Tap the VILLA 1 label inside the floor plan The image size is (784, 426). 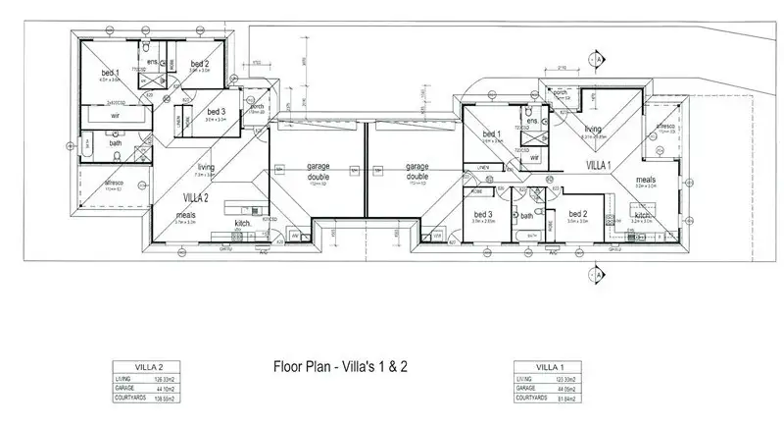[599, 165]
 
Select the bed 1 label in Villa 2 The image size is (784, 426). [110, 74]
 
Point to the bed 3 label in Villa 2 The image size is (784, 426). [217, 113]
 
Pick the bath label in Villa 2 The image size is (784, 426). [116, 143]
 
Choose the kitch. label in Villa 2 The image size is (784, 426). [244, 224]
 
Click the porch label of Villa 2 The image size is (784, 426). [257, 107]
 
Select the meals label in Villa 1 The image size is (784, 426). [645, 180]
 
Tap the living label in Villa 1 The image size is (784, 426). [594, 129]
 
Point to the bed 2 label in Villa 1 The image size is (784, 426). [578, 214]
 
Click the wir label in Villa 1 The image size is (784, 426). [534, 156]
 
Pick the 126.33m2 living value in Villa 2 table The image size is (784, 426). [163, 377]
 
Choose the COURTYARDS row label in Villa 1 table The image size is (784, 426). [532, 398]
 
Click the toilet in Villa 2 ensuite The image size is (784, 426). [144, 47]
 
